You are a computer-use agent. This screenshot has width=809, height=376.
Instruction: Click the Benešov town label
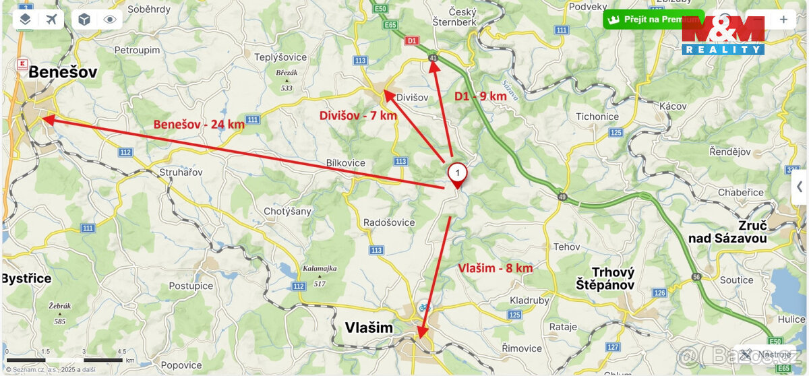click(63, 72)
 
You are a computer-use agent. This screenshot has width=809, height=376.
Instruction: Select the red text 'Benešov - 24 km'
click(199, 124)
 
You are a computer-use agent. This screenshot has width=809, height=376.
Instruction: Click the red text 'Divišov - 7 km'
click(358, 115)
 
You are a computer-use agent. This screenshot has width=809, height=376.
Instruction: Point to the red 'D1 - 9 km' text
click(480, 96)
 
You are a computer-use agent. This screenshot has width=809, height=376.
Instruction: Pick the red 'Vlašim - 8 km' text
click(495, 268)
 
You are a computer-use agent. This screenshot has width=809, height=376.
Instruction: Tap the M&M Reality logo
click(723, 36)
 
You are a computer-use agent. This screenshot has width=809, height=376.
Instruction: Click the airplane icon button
click(51, 19)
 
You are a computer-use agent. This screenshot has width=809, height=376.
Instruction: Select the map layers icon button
click(25, 19)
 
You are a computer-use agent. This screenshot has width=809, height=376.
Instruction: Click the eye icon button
click(111, 19)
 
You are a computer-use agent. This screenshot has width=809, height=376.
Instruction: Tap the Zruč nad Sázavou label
click(727, 230)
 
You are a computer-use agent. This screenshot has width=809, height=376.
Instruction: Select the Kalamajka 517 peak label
click(320, 276)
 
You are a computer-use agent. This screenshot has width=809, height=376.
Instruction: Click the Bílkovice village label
click(345, 163)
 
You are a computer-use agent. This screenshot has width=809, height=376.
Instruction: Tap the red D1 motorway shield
click(413, 41)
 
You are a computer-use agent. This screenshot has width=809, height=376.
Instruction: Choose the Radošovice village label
click(389, 222)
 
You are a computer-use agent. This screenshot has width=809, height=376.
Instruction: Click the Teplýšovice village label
click(280, 57)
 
